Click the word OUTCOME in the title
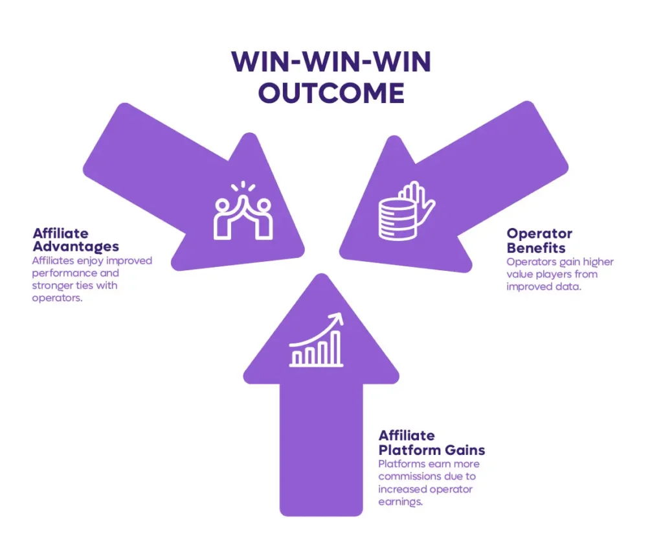(331, 93)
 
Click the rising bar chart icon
(316, 340)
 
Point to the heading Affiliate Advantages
(76, 240)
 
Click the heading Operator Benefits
(539, 240)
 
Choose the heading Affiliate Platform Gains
(432, 443)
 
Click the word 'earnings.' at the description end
(400, 502)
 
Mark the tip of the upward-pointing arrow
(321, 274)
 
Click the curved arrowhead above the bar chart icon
(337, 318)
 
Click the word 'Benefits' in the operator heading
(536, 248)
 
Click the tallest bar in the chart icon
(335, 348)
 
